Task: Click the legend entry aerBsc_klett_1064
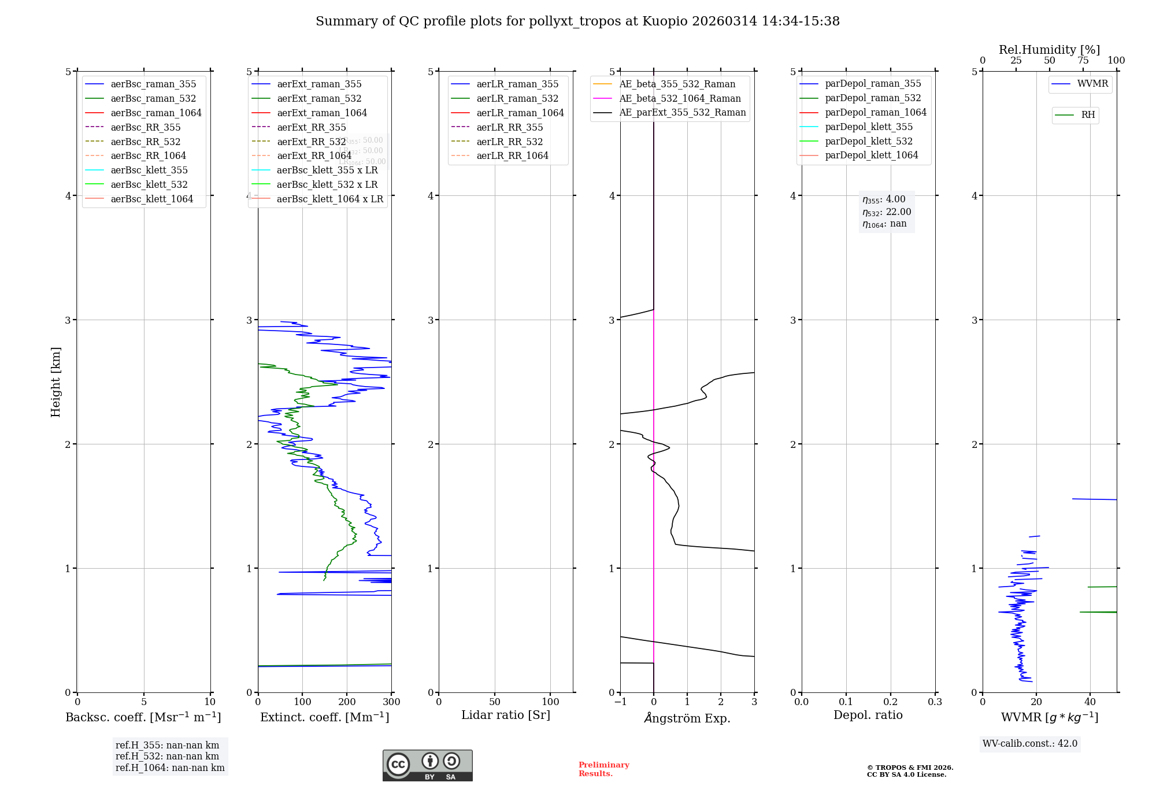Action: click(x=151, y=199)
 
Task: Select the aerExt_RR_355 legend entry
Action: click(x=311, y=127)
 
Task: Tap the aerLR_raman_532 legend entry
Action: click(x=517, y=98)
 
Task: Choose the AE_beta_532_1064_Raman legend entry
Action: click(x=680, y=98)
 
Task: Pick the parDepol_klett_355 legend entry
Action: click(x=868, y=127)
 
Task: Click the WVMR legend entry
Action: click(x=1092, y=84)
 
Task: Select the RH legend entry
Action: click(x=1088, y=115)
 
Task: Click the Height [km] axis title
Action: click(x=55, y=382)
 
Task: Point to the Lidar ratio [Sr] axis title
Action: click(x=506, y=715)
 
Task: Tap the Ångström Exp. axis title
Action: click(x=687, y=718)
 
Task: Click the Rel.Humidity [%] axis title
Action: click(x=1049, y=50)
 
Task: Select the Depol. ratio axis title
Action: click(x=868, y=715)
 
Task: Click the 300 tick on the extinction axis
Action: click(x=391, y=702)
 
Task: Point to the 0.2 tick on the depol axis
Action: click(x=891, y=702)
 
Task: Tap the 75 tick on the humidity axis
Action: click(x=1083, y=61)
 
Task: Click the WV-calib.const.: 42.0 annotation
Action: click(x=1029, y=743)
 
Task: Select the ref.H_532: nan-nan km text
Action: click(x=167, y=756)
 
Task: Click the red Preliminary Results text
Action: click(x=603, y=769)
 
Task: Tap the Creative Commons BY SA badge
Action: click(x=427, y=765)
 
